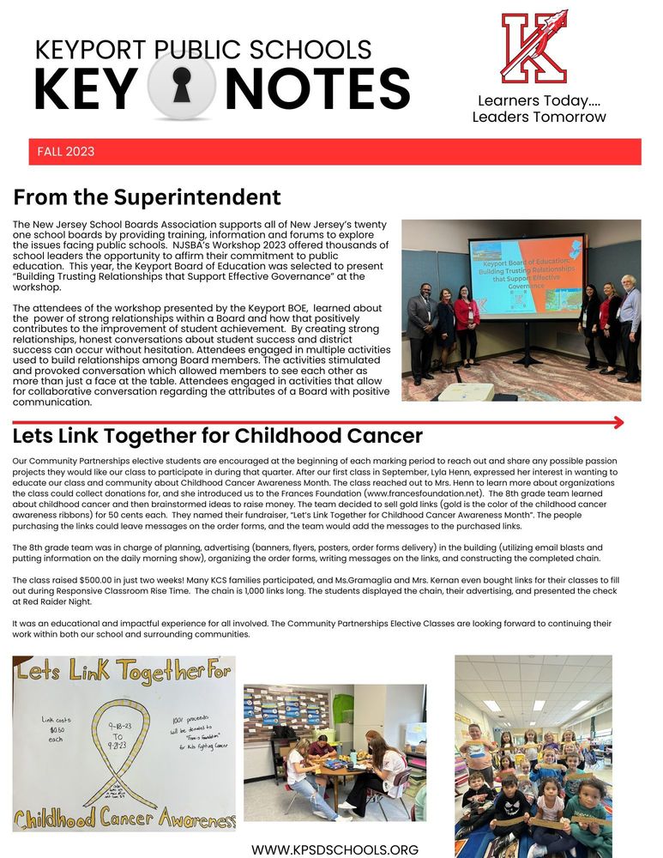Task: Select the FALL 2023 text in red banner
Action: point(66,152)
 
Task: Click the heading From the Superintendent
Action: point(147,198)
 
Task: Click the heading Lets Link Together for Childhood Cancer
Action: point(218,435)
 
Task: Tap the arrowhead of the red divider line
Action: point(618,422)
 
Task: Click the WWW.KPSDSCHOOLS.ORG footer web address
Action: point(335,849)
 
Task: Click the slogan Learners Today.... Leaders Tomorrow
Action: point(539,109)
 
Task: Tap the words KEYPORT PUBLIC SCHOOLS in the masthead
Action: point(203,50)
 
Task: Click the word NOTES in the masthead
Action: point(317,88)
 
